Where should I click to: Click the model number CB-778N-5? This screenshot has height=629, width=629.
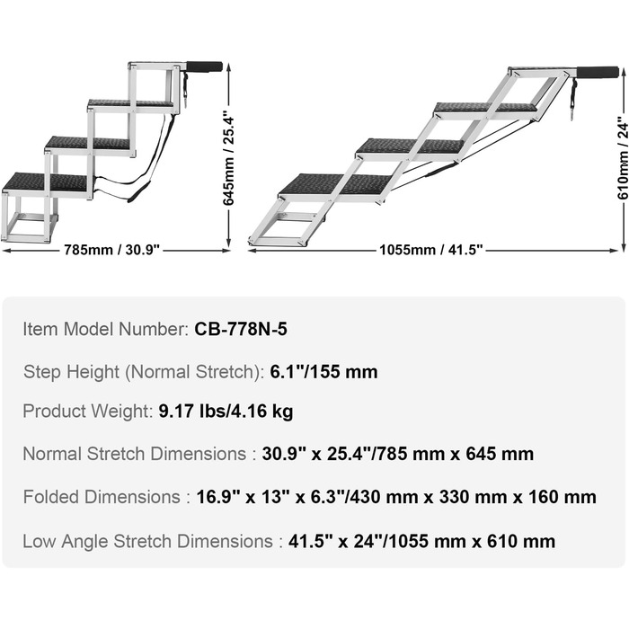click(x=241, y=329)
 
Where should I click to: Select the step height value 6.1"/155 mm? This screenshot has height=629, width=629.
click(x=323, y=371)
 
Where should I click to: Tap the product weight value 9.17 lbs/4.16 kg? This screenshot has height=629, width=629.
click(x=226, y=412)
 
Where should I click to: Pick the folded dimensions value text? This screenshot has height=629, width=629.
click(x=396, y=497)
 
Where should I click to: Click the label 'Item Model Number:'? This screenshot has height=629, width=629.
click(x=106, y=329)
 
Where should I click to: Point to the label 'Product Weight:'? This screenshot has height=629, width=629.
click(x=87, y=412)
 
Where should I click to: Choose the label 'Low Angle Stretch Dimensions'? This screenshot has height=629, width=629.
click(x=147, y=541)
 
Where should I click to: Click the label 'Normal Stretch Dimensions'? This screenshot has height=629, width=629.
click(x=135, y=454)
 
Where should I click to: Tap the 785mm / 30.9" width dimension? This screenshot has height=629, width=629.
click(x=112, y=251)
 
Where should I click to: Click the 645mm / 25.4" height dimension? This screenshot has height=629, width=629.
click(x=228, y=158)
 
